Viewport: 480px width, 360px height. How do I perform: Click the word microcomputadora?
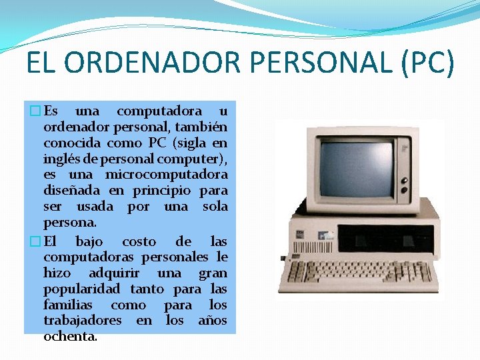click(x=167, y=175)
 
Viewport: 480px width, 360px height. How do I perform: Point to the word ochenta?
click(x=69, y=337)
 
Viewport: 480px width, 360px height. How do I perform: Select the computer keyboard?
click(x=347, y=274)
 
